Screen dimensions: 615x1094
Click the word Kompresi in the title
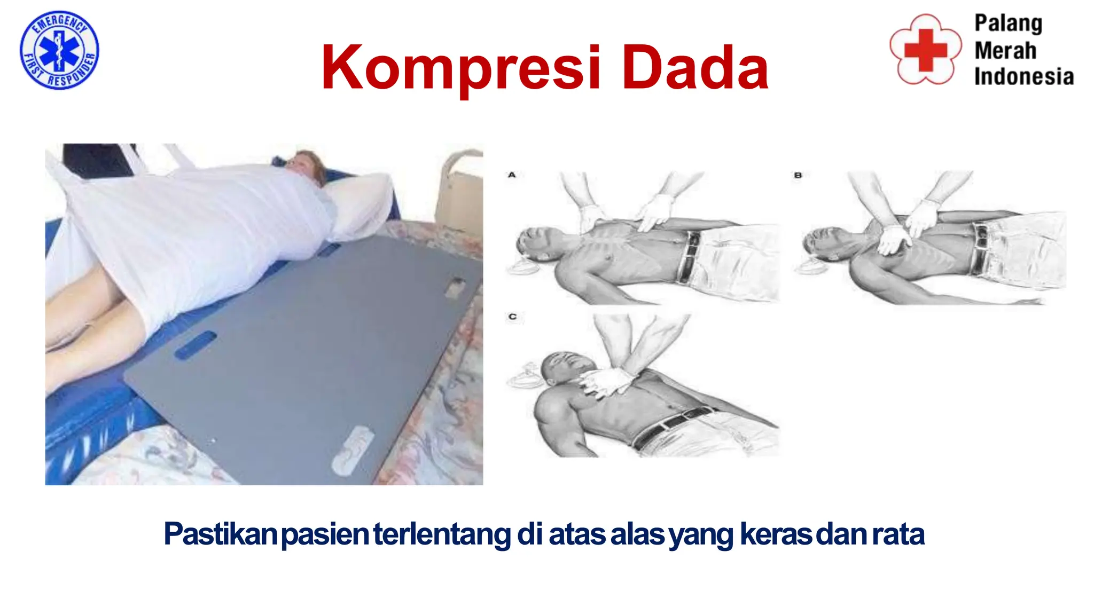coord(461,68)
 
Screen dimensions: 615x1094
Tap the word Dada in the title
coord(695,68)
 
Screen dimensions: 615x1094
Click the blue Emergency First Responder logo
coord(59,50)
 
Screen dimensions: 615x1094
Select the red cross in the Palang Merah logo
coord(926,50)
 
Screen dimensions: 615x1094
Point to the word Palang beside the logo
coord(1008,23)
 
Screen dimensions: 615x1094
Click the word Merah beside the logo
coord(1005,51)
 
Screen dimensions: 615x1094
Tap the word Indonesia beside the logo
coord(1023,77)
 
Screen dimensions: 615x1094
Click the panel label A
coord(512,175)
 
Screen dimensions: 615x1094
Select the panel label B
coord(798,175)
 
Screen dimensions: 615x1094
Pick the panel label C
coord(512,317)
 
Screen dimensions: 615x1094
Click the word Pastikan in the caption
coord(220,534)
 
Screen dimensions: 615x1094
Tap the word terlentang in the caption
coord(442,534)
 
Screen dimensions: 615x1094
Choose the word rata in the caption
coord(898,534)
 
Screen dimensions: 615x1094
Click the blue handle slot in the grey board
coord(196,345)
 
